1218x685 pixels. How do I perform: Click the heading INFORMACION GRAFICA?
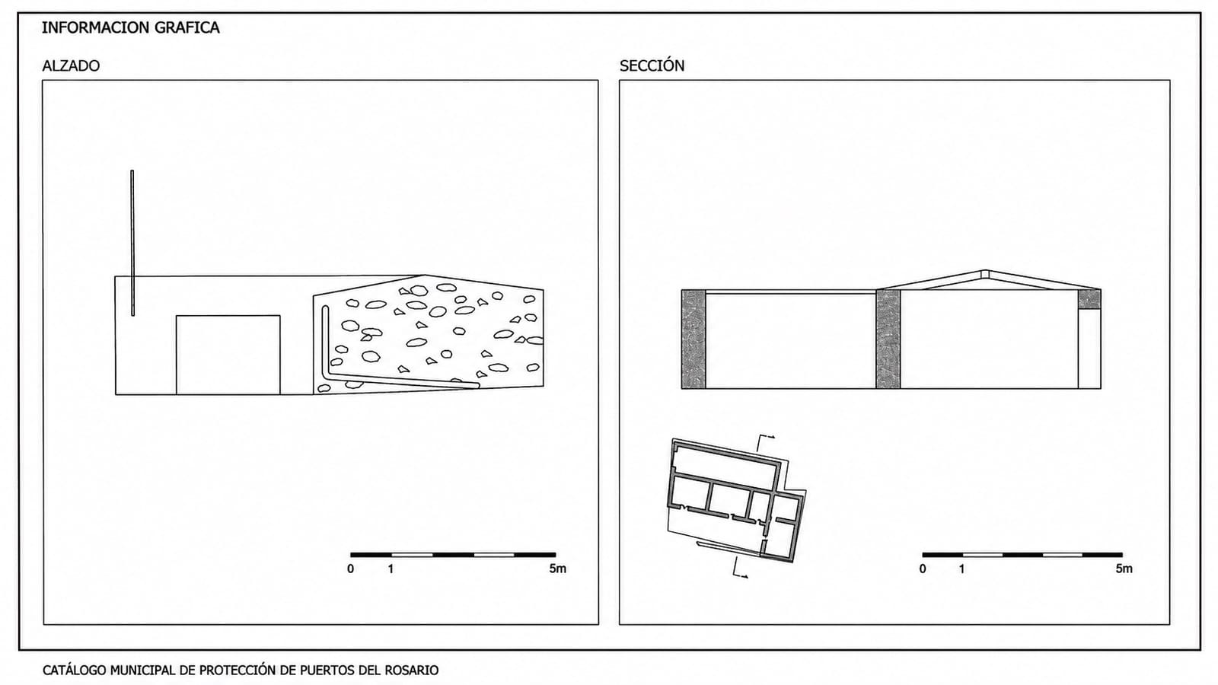coord(130,27)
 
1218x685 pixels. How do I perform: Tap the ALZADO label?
coord(72,65)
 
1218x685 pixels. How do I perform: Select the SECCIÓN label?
coord(652,65)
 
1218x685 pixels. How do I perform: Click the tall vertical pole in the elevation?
coord(132,243)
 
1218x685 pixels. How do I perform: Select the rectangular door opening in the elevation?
coord(228,355)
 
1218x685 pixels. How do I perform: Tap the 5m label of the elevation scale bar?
coord(557,569)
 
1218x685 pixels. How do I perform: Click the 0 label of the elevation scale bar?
coord(351,569)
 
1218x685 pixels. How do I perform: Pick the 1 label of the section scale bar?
coord(962,569)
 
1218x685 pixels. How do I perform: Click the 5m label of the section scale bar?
coord(1124,569)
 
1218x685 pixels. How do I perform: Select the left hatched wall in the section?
coord(693,339)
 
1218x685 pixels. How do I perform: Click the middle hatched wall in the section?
coord(888,339)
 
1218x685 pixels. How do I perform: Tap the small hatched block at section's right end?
coord(1089,300)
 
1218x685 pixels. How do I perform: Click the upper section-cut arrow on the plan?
coord(765,442)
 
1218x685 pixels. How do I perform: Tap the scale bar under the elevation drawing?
coord(453,555)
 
